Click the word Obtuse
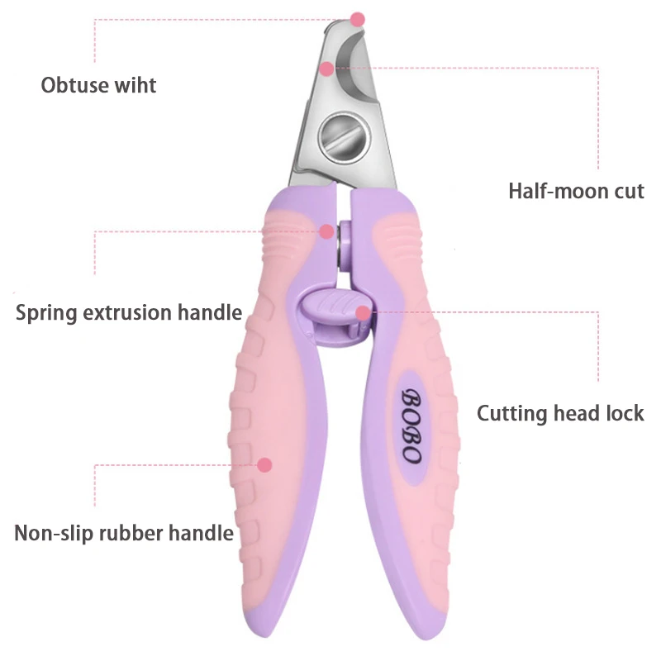coord(74,85)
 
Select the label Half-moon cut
coord(576,191)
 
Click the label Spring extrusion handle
coord(129,313)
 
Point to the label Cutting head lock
coord(560,413)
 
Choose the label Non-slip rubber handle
coord(124,533)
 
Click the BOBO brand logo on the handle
coord(410,426)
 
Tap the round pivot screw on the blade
coord(345,137)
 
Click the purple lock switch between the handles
coord(336,316)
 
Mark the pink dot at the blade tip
coord(357,19)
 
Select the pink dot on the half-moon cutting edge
coord(326,69)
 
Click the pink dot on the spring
coord(326,231)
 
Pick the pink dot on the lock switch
coord(363,313)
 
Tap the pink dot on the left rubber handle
coord(264,465)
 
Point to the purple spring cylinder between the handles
coord(345,244)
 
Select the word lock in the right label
coord(625,413)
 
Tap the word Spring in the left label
coord(46,313)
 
